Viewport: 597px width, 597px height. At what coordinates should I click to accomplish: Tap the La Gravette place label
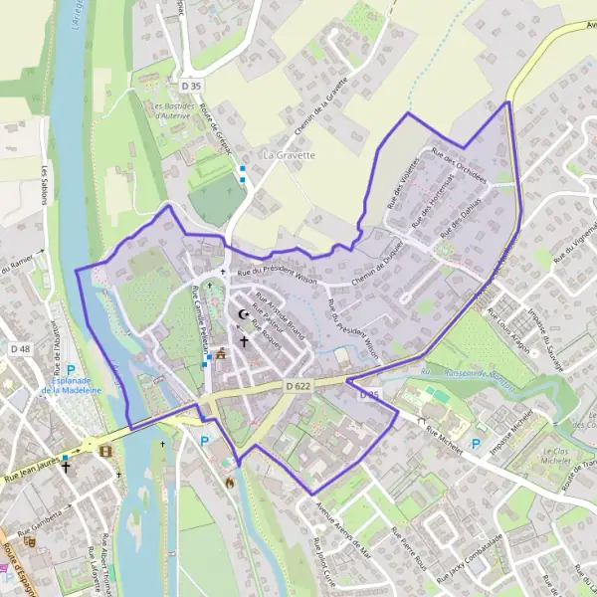(289, 156)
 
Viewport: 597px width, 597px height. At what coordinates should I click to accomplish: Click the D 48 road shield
(21, 349)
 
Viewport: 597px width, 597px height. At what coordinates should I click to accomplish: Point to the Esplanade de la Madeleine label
(72, 385)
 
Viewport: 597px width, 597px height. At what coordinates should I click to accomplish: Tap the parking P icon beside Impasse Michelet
(475, 444)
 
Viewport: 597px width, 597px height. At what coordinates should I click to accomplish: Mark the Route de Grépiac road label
(215, 130)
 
